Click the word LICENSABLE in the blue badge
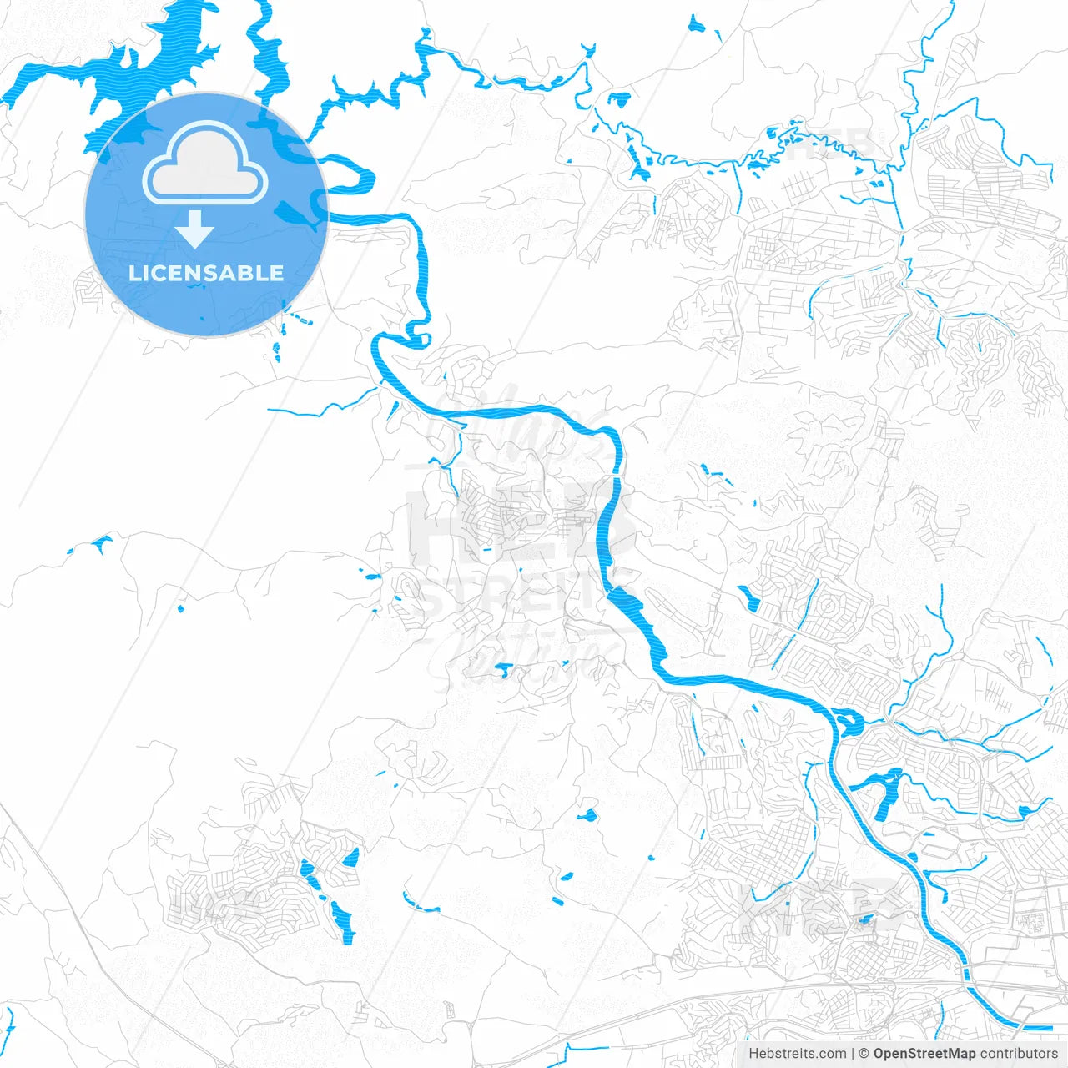click(x=206, y=273)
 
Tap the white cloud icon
click(x=205, y=165)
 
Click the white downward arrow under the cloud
click(x=195, y=229)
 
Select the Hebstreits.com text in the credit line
click(x=797, y=1054)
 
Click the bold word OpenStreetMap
click(x=924, y=1054)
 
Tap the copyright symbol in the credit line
click(x=864, y=1054)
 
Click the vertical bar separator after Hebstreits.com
click(x=852, y=1054)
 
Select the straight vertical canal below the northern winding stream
click(x=738, y=188)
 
